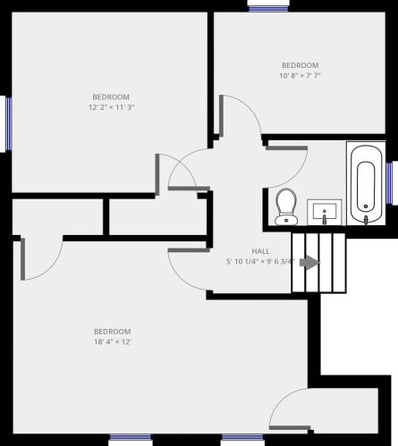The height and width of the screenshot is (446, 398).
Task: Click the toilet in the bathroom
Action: click(286, 206)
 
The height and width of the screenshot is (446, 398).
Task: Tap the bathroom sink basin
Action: click(325, 210)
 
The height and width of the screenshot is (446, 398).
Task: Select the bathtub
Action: click(366, 183)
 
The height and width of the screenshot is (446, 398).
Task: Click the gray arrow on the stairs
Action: click(309, 263)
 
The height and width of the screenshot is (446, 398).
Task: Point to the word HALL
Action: click(260, 251)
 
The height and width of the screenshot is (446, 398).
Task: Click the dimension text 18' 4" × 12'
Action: click(113, 341)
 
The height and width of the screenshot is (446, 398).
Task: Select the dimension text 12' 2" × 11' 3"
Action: click(111, 107)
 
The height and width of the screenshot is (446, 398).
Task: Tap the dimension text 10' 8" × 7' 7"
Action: click(300, 76)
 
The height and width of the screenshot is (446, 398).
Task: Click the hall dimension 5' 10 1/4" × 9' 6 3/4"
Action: click(260, 262)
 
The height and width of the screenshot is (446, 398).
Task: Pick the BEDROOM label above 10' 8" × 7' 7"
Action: click(300, 65)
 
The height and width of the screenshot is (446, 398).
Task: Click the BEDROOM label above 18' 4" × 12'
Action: click(113, 332)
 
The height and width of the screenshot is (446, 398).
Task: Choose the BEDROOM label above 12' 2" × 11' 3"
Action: click(111, 97)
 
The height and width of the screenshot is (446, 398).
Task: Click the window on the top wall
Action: click(268, 9)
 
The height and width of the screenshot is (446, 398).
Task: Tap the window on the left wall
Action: click(9, 123)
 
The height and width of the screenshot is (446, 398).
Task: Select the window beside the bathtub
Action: click(389, 183)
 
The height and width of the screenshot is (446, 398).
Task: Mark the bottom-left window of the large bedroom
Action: click(131, 437)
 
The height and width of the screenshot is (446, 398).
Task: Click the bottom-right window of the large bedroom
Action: click(242, 437)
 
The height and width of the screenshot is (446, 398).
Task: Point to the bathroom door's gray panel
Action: click(286, 148)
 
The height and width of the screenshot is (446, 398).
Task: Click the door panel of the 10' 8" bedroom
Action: click(221, 114)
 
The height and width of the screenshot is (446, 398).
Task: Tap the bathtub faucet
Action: click(366, 220)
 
